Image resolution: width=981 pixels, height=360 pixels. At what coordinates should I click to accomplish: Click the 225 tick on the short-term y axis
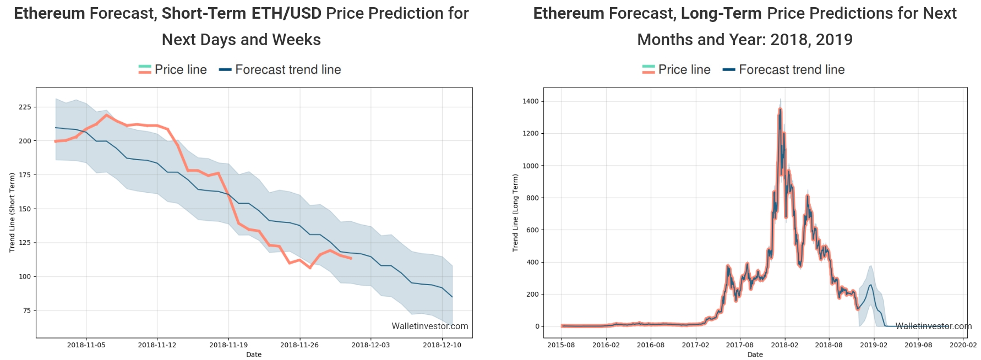click(25, 107)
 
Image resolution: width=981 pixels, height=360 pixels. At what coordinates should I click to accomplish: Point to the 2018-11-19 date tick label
click(228, 345)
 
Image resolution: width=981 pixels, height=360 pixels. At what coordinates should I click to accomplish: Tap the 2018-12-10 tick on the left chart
click(442, 345)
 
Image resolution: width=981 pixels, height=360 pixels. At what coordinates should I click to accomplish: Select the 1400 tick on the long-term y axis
click(531, 101)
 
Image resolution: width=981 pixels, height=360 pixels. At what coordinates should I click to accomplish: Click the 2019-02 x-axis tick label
click(874, 345)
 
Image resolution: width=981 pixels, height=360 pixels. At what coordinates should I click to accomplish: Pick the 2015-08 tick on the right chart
click(561, 345)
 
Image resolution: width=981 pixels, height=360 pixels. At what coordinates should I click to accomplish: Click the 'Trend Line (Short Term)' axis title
click(12, 212)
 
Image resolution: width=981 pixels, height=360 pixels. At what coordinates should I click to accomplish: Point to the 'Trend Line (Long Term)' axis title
click(515, 212)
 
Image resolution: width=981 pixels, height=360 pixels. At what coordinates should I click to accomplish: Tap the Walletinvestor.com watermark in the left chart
click(429, 326)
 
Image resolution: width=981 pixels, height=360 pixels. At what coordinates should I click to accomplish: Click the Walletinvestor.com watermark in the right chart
click(933, 326)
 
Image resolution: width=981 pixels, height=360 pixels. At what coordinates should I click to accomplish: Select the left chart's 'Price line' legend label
click(181, 69)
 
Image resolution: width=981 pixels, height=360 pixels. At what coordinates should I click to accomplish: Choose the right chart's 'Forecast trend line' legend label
click(792, 69)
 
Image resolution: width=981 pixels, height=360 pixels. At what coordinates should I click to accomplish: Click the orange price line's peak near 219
click(107, 115)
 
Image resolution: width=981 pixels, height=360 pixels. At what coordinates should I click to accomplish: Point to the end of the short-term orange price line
click(351, 258)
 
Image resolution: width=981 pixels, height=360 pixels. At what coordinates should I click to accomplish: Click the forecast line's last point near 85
click(452, 297)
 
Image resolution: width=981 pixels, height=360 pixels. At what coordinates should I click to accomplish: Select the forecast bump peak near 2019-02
click(870, 285)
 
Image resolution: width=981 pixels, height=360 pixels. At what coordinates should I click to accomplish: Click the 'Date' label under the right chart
click(755, 354)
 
